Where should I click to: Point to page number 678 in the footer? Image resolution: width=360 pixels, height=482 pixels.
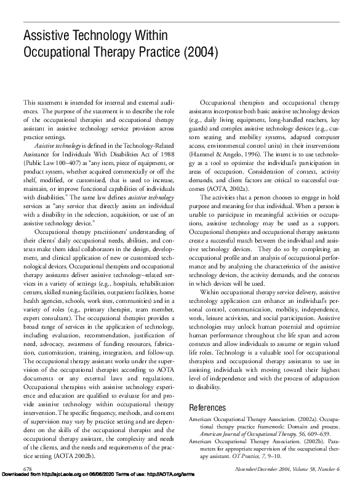tap(27, 469)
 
